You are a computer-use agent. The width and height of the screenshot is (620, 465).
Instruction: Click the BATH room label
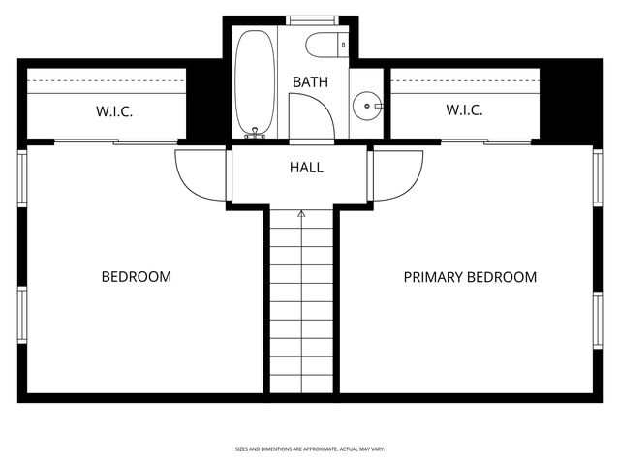click(x=309, y=82)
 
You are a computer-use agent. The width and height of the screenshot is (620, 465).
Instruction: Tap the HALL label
click(x=306, y=168)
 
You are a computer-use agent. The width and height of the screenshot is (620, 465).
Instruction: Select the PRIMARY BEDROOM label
click(x=470, y=277)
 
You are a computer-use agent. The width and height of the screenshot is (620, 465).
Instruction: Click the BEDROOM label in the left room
click(x=137, y=277)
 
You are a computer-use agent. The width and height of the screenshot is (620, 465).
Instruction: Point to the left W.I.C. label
click(x=114, y=111)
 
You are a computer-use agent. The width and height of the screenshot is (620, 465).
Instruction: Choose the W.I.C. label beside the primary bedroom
click(x=464, y=110)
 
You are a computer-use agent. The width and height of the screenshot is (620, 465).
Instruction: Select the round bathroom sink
click(x=368, y=104)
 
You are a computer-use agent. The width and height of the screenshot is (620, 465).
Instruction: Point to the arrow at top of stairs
click(x=301, y=212)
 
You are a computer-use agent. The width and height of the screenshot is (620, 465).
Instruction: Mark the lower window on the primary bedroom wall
click(x=598, y=320)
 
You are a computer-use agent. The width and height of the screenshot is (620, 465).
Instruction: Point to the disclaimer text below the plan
click(x=310, y=449)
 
